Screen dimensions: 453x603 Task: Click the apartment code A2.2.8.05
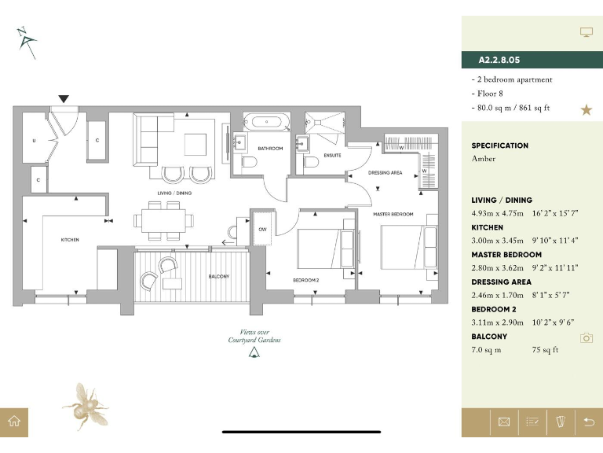(x=499, y=59)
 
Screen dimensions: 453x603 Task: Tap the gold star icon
(x=586, y=109)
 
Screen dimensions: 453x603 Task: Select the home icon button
(x=14, y=422)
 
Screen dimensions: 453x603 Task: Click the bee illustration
(x=86, y=404)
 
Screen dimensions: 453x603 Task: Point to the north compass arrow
(x=25, y=41)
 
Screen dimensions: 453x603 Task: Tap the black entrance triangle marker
(x=64, y=99)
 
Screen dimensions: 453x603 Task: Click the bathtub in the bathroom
(x=265, y=122)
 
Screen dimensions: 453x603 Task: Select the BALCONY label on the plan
(x=218, y=277)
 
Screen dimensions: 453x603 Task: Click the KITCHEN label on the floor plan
(x=70, y=240)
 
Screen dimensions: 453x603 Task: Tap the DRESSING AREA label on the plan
(x=385, y=172)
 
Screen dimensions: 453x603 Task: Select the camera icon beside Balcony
(x=586, y=337)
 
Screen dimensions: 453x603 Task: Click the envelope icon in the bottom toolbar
(x=504, y=422)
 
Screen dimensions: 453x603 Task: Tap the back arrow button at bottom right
(x=589, y=422)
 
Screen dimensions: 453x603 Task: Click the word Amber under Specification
(x=484, y=158)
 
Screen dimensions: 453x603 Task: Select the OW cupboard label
(x=262, y=229)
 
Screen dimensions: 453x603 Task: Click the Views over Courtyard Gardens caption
(x=254, y=336)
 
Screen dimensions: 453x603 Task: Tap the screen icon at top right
(x=586, y=31)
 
